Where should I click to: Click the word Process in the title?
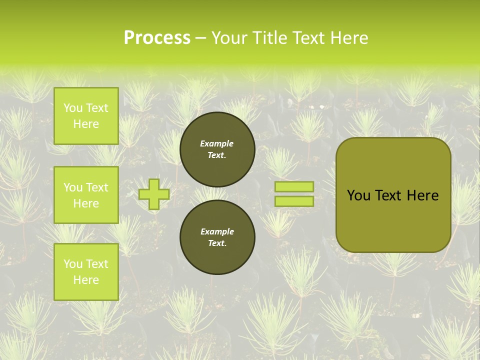pyautogui.click(x=157, y=38)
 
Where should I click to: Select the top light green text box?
pyautogui.click(x=86, y=116)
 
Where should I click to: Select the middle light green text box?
pyautogui.click(x=86, y=195)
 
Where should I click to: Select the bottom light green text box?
pyautogui.click(x=86, y=271)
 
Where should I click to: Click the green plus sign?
pyautogui.click(x=154, y=194)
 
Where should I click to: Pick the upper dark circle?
pyautogui.click(x=217, y=149)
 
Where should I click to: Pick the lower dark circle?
pyautogui.click(x=217, y=237)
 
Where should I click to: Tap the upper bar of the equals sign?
pyautogui.click(x=294, y=186)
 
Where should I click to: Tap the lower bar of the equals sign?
pyautogui.click(x=294, y=201)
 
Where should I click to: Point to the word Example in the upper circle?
pyautogui.click(x=217, y=143)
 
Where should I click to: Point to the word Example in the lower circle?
pyautogui.click(x=217, y=231)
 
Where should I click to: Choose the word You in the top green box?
pyautogui.click(x=73, y=108)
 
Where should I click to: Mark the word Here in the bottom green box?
pyautogui.click(x=86, y=280)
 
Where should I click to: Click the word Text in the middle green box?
pyautogui.click(x=97, y=187)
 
